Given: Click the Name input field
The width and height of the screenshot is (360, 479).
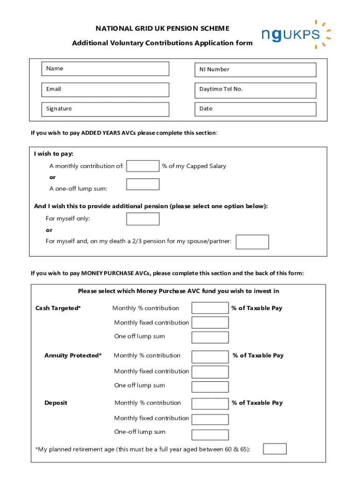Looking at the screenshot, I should tap(105, 69).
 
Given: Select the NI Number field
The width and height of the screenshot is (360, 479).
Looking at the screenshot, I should tap(255, 70).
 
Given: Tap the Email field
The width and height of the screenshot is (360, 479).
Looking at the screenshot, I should tap(105, 89).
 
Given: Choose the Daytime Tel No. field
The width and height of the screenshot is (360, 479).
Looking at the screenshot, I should tap(255, 90).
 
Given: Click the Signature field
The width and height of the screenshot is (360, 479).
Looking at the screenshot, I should tap(105, 109).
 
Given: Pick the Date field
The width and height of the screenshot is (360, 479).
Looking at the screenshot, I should tap(255, 109).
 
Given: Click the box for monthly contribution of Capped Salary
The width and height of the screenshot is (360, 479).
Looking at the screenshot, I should tap(143, 166).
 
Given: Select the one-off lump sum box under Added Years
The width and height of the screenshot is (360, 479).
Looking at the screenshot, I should tap(143, 184).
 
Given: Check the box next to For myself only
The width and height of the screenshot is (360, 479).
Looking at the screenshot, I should tap(143, 219).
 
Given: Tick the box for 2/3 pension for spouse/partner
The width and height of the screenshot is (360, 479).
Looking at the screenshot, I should tap(252, 242).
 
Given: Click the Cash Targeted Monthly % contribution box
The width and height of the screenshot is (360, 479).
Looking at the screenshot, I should tap(210, 308).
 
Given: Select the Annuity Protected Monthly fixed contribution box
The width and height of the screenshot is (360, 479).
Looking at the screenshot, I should tap(210, 372).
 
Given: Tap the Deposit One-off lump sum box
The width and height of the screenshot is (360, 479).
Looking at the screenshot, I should tap(210, 433).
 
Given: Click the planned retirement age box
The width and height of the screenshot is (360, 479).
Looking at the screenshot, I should tap(274, 449).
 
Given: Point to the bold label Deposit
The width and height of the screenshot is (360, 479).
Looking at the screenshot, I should tap(56, 403).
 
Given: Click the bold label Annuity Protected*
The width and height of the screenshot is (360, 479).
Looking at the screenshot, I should tap(73, 356).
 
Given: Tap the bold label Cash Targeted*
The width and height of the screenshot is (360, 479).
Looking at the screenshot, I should tap(58, 308).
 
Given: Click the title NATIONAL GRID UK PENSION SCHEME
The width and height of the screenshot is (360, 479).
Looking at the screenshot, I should tap(162, 29).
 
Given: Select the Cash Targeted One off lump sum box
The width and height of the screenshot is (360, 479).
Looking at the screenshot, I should tap(210, 337).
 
